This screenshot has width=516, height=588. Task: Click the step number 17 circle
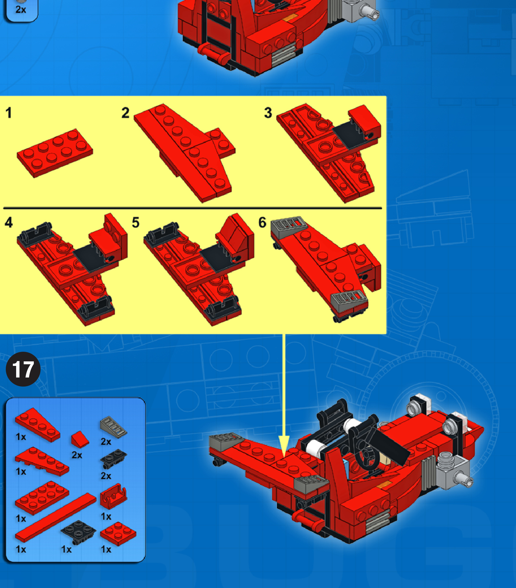click(x=23, y=369)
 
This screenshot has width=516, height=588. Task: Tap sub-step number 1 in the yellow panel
click(x=9, y=113)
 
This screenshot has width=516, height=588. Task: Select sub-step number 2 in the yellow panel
click(x=125, y=113)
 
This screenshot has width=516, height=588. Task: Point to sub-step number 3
click(x=268, y=113)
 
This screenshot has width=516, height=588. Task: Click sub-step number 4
click(x=9, y=222)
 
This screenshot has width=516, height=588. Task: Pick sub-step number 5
click(x=136, y=222)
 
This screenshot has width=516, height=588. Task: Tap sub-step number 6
click(x=262, y=222)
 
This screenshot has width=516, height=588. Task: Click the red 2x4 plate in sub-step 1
click(x=55, y=153)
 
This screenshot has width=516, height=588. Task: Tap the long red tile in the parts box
click(x=55, y=518)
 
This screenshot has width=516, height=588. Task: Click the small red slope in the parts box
click(x=80, y=439)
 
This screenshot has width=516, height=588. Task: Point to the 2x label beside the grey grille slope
click(x=106, y=442)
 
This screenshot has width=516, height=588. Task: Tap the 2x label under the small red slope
click(x=77, y=455)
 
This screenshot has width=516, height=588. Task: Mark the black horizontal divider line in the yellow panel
click(x=193, y=208)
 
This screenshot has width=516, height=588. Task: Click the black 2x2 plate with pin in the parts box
click(x=78, y=532)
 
